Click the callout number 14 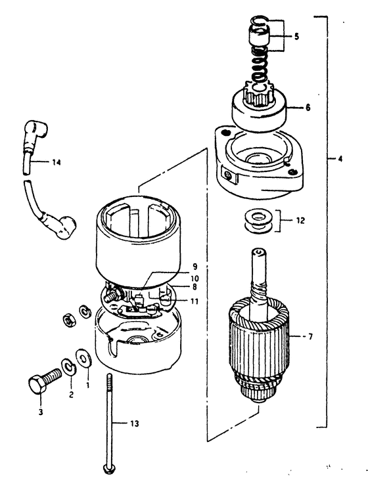point(56,162)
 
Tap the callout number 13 point(135,424)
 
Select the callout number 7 point(310,337)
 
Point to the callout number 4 point(340,159)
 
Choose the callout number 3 point(41,412)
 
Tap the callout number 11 point(195,301)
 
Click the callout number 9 point(195,267)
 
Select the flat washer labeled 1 point(83,358)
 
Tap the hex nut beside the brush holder point(68,320)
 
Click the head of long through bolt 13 point(106,469)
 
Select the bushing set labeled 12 point(258,221)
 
